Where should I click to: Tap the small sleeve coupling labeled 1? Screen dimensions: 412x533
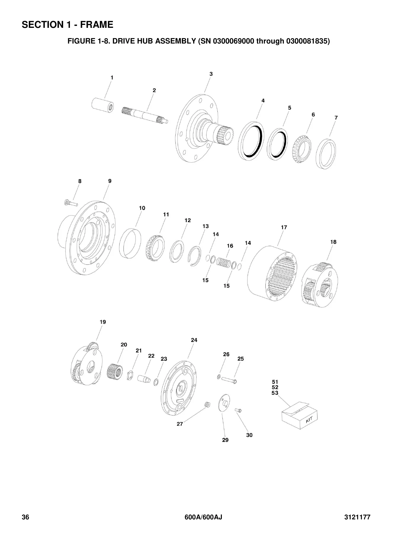tap(102, 105)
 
